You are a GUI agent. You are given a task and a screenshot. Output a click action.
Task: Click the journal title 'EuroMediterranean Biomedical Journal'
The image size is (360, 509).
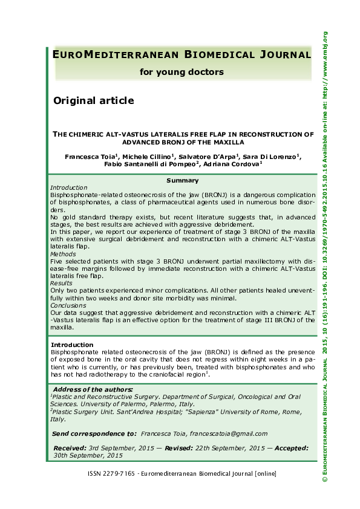click(182, 55)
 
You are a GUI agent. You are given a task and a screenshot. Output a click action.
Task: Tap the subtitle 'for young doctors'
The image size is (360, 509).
click(182, 72)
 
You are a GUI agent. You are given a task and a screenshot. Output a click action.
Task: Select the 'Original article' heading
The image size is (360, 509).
click(94, 100)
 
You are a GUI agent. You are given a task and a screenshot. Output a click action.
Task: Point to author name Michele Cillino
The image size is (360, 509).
click(145, 156)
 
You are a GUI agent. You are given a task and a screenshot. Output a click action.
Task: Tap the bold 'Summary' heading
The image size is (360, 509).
click(182, 180)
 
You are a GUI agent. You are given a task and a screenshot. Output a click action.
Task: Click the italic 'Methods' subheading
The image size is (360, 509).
click(63, 254)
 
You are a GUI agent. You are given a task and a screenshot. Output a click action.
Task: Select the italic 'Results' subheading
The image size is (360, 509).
click(62, 283)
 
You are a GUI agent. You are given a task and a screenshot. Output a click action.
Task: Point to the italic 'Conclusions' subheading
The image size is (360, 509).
click(67, 305)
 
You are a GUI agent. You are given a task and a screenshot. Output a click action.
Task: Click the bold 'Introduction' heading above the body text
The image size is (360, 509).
click(72, 344)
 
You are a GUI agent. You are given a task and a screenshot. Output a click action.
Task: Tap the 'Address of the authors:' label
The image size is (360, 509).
click(93, 389)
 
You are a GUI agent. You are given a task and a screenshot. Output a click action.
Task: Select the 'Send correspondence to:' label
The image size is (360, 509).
click(94, 433)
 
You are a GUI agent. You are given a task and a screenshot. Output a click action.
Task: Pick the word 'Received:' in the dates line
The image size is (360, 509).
click(70, 448)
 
